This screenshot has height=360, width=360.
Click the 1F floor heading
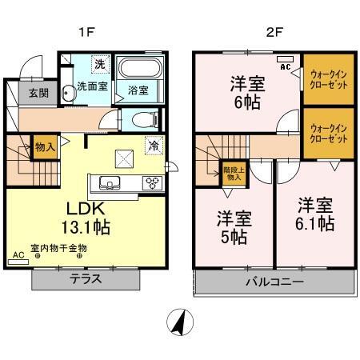(x=87, y=32)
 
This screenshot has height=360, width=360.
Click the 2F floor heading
(x=274, y=32)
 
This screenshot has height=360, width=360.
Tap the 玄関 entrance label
(x=38, y=93)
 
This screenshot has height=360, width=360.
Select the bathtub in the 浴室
(x=140, y=67)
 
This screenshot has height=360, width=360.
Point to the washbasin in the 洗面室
(x=67, y=93)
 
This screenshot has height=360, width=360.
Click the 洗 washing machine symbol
(x=100, y=64)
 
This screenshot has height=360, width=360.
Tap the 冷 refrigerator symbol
(x=154, y=146)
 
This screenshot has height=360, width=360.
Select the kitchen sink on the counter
(x=110, y=182)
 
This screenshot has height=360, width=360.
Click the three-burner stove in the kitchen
(x=152, y=183)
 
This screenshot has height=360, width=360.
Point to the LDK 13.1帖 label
(x=86, y=218)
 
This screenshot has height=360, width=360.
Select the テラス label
(x=86, y=279)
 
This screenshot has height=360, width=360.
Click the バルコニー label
(x=274, y=282)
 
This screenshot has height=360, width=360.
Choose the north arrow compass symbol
(x=180, y=322)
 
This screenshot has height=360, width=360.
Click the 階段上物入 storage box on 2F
(x=234, y=174)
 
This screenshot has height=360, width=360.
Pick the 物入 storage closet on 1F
(x=45, y=147)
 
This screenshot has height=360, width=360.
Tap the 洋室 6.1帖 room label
(x=315, y=214)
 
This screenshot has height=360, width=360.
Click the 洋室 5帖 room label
(x=234, y=227)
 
